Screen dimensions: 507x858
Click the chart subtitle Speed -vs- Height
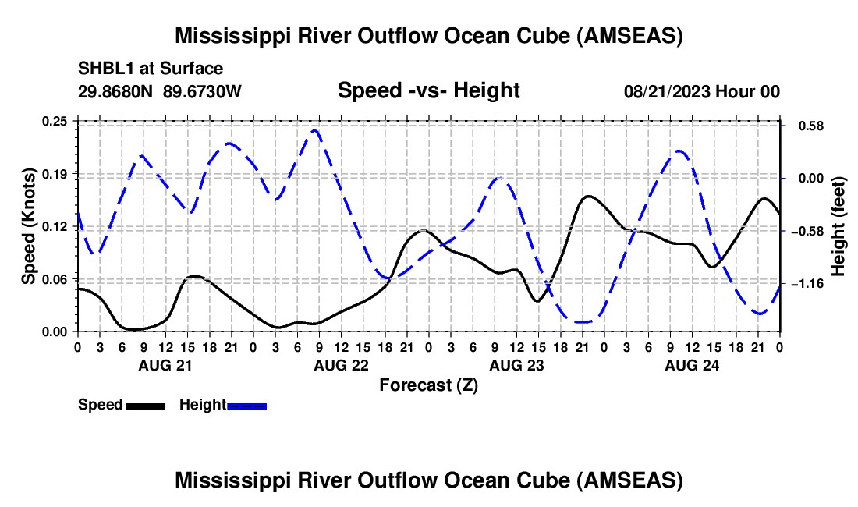[428, 90]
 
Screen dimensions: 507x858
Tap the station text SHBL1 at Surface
[140, 69]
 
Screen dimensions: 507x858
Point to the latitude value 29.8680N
[116, 91]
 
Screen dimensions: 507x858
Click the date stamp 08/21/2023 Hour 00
[702, 91]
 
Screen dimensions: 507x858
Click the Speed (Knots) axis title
[29, 226]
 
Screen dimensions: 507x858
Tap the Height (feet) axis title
[838, 226]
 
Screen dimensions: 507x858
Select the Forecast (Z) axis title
[428, 385]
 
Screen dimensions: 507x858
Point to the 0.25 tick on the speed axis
[55, 121]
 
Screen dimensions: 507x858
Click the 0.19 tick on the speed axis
[55, 173]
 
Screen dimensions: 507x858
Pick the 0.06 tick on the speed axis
[55, 279]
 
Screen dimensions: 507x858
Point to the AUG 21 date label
[165, 364]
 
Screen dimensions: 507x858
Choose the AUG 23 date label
[516, 364]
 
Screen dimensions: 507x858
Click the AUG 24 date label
[691, 364]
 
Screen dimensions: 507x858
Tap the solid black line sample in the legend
[146, 406]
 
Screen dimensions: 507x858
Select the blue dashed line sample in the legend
[247, 406]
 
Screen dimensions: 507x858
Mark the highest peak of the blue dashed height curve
[314, 130]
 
